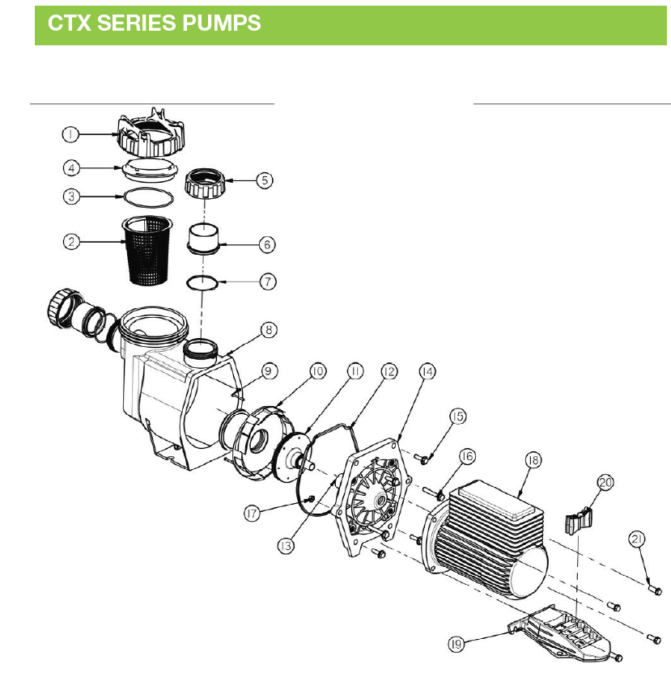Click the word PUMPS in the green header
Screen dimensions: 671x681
coord(222,23)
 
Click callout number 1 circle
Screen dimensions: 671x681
coord(70,134)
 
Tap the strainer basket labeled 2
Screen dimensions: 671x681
coord(147,251)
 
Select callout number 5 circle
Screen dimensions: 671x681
coord(265,180)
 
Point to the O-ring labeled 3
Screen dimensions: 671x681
coord(149,198)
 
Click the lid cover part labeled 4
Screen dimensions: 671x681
coord(150,168)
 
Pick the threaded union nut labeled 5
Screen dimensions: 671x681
coord(205,183)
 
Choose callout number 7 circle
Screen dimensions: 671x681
coord(268,281)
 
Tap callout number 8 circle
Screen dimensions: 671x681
coord(269,330)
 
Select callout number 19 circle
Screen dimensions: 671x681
coord(456,644)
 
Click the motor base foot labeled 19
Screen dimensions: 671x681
coord(561,632)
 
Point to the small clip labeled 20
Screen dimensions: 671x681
coord(579,520)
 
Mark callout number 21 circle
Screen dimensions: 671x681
coord(637,539)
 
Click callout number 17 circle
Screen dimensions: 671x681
coord(252,514)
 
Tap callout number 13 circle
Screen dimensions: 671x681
coord(286,546)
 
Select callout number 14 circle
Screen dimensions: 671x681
coord(427,372)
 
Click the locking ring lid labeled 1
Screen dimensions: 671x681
coord(151,133)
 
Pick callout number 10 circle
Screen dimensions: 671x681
coord(317,372)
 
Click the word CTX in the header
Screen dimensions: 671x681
coord(70,23)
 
